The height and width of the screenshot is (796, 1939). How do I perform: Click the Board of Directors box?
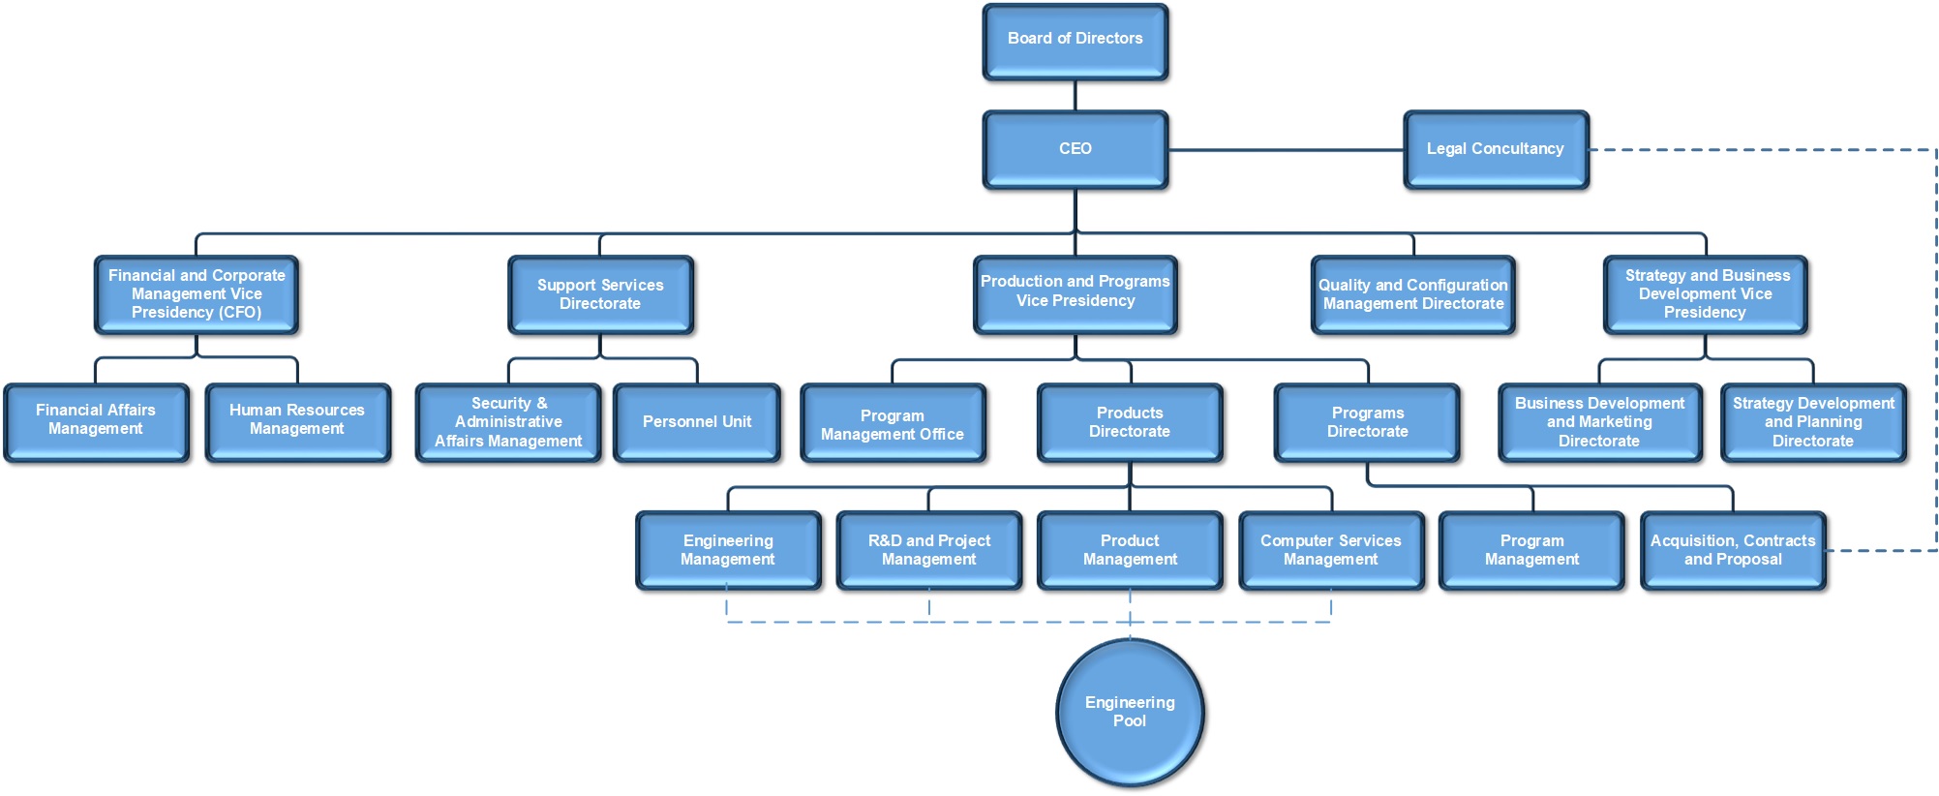click(1075, 41)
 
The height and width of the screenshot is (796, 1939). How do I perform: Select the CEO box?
click(1075, 149)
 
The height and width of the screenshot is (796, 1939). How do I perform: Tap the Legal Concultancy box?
click(1496, 149)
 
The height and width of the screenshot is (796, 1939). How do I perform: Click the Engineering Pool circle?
click(1130, 712)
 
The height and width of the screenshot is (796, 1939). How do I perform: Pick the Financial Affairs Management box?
click(96, 421)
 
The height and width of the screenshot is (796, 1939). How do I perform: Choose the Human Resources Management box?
click(297, 421)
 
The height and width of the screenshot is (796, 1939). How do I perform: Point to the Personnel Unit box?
click(697, 422)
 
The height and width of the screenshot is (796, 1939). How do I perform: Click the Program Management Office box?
click(893, 423)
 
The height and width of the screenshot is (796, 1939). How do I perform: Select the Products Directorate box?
click(1130, 422)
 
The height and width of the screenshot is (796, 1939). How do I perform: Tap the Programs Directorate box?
click(1367, 422)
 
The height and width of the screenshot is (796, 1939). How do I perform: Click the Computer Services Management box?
click(1331, 550)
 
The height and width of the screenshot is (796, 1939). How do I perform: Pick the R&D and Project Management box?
click(929, 550)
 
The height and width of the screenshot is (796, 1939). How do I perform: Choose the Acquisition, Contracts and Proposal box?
click(1733, 550)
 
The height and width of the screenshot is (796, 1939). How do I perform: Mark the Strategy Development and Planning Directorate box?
click(1813, 422)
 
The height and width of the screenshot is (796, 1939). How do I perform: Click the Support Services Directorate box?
click(600, 294)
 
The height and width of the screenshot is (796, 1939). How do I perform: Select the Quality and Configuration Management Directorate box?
click(1413, 294)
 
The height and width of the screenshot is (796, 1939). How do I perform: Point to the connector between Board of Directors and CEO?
click(1075, 96)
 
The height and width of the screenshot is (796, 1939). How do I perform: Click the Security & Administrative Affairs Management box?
click(508, 422)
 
